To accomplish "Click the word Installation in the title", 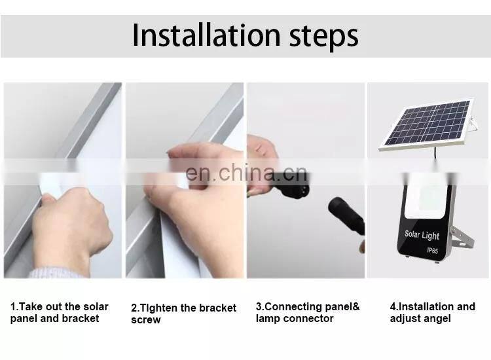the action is coord(206,35).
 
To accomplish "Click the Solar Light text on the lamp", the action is coord(422,235).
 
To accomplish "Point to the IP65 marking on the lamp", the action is coord(433,251).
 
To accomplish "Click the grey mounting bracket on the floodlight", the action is coord(462,238).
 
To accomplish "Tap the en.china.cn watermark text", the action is coord(246,173).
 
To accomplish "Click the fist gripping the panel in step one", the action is coord(72,223).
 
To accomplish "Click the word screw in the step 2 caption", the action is coord(146,320).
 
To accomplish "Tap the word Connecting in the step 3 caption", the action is coord(289,306).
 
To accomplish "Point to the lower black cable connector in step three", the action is coord(347,216).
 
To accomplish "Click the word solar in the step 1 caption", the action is coord(96,306).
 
